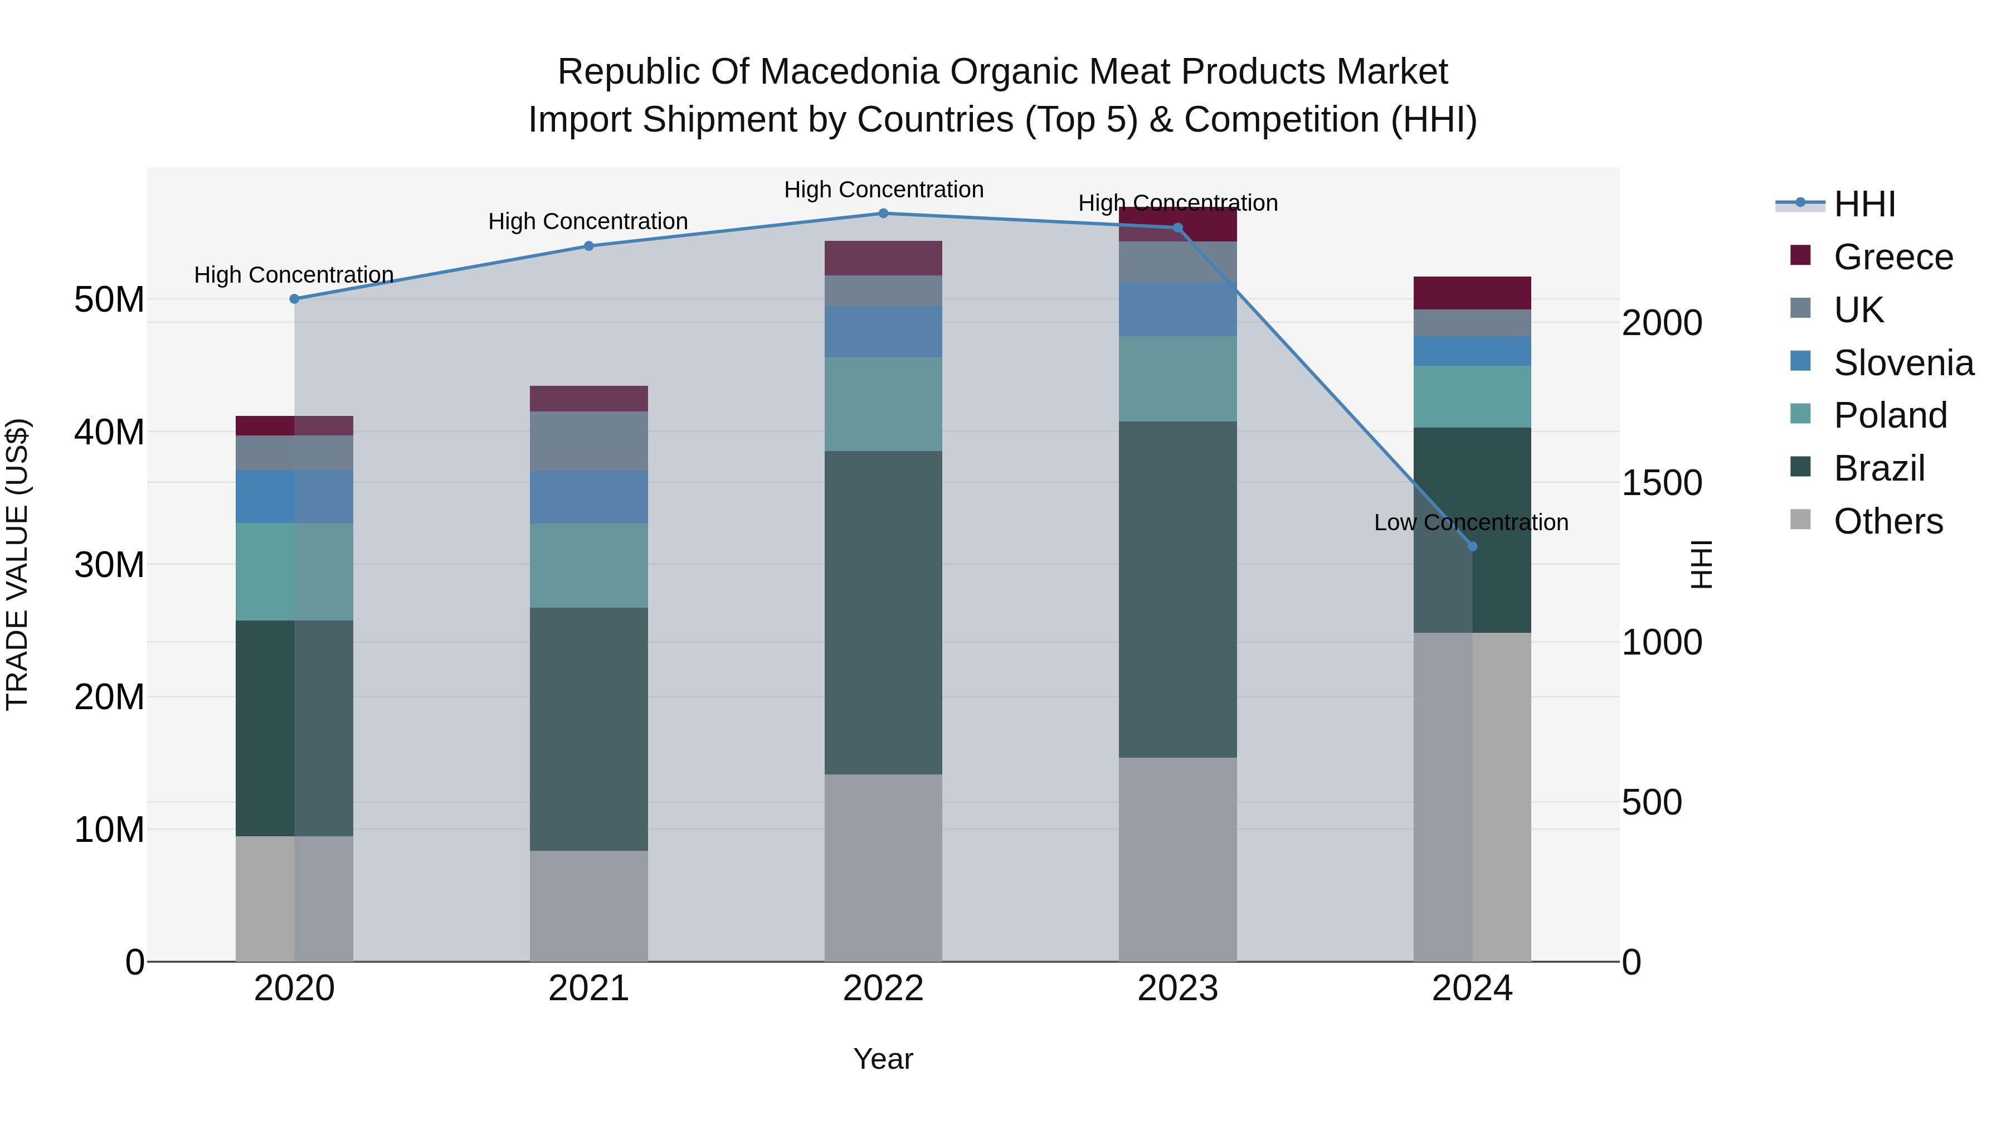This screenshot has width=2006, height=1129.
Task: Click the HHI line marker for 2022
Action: pyautogui.click(x=883, y=214)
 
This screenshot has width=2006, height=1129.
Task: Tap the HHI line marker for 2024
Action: pyautogui.click(x=1472, y=546)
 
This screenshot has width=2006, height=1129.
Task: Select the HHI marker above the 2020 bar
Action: pyautogui.click(x=294, y=299)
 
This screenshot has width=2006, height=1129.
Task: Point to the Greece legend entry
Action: pyautogui.click(x=1892, y=257)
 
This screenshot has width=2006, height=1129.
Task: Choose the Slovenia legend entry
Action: pyautogui.click(x=1903, y=363)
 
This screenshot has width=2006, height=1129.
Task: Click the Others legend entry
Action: pyautogui.click(x=1888, y=521)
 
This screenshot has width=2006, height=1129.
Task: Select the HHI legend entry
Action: pyautogui.click(x=1864, y=204)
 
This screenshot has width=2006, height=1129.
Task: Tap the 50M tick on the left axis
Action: pyautogui.click(x=109, y=300)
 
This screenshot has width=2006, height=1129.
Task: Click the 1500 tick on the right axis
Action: pyautogui.click(x=1661, y=483)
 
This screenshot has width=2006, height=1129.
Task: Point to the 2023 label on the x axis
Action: pyautogui.click(x=1177, y=989)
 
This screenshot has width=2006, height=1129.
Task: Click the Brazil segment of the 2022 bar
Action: pyautogui.click(x=883, y=612)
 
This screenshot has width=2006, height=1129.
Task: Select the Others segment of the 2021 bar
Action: pyautogui.click(x=589, y=905)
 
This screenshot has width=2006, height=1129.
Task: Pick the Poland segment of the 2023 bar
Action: pyautogui.click(x=1177, y=380)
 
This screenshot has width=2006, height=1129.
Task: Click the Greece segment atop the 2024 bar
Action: pyautogui.click(x=1472, y=293)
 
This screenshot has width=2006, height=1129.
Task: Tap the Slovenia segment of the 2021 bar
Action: pyautogui.click(x=589, y=497)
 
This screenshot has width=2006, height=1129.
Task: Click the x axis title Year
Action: pyautogui.click(x=883, y=1059)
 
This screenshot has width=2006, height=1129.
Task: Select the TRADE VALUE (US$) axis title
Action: pyautogui.click(x=17, y=564)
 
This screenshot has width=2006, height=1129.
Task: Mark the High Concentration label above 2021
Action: pyautogui.click(x=588, y=221)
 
